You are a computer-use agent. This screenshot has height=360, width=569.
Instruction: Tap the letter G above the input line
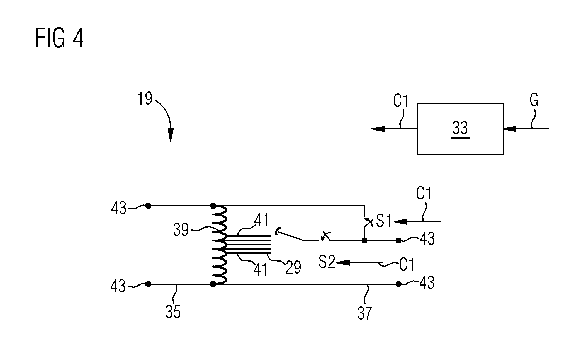(x=534, y=100)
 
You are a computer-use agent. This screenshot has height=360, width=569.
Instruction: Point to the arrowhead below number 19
(x=170, y=135)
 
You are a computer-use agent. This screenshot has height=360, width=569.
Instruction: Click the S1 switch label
(x=384, y=221)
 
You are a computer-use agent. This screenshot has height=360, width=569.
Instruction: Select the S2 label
(x=327, y=262)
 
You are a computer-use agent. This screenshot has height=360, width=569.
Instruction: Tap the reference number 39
(x=181, y=230)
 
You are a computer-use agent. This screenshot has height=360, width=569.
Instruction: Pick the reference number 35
(x=173, y=311)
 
